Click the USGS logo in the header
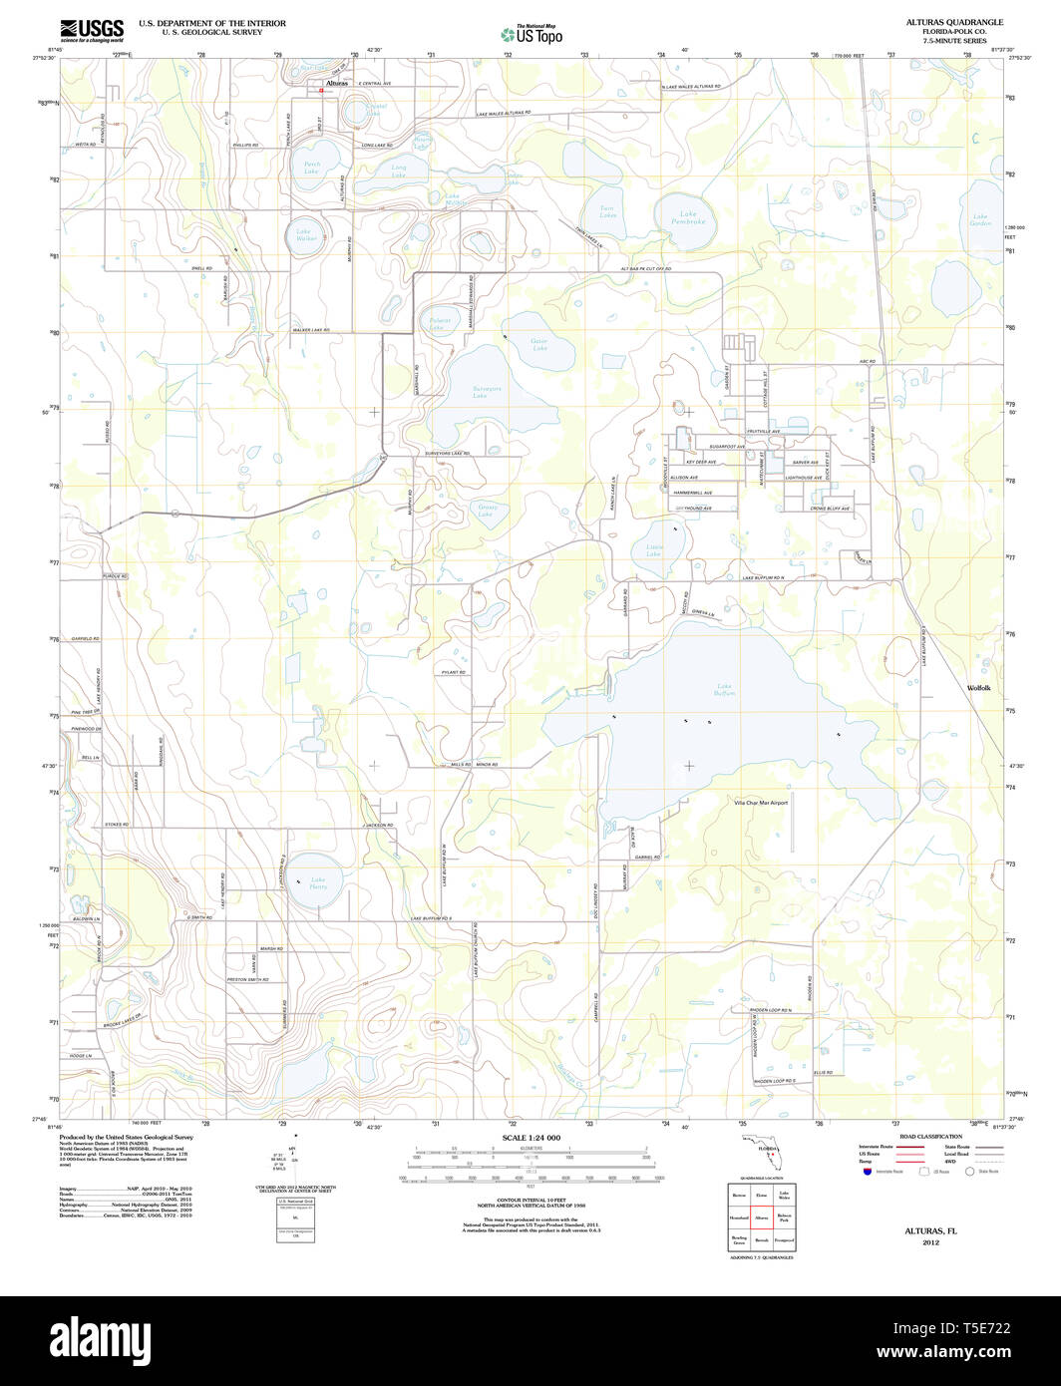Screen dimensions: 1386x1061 pos(92,29)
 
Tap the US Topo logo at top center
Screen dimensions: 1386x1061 pos(531,34)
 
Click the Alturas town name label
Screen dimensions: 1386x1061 pos(334,84)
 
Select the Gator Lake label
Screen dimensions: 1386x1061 pos(539,344)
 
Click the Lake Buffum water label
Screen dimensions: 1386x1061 pos(725,689)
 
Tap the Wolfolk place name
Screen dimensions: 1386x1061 pos(978,688)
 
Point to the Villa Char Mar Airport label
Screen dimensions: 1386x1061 pos(761,803)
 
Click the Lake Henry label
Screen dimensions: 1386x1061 pos(318,882)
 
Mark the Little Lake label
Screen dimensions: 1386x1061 pos(654,550)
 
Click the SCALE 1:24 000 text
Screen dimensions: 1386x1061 pos(530,1138)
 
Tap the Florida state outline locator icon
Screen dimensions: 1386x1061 pos(766,1150)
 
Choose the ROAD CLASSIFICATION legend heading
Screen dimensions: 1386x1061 pos(930,1137)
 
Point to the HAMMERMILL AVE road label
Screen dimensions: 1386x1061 pos(693,493)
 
